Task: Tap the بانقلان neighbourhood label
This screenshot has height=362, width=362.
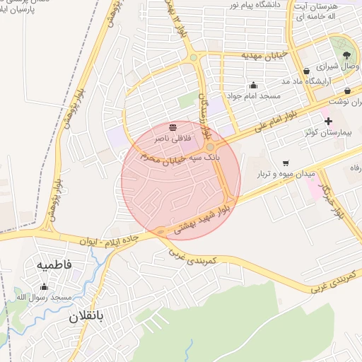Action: point(86,317)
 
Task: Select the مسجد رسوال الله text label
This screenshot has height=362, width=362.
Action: point(48,298)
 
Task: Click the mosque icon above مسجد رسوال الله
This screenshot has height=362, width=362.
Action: point(45,286)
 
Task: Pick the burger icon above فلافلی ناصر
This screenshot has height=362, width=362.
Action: point(173,127)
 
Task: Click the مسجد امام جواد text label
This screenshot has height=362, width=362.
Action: point(253,95)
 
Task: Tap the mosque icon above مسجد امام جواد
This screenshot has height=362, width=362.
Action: point(253,85)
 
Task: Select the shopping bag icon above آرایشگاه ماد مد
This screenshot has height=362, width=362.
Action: point(305,71)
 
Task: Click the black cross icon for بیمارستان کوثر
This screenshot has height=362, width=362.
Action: point(328,121)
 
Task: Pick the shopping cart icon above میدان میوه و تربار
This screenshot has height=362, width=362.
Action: point(285,162)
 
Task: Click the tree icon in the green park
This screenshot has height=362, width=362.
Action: point(346,54)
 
